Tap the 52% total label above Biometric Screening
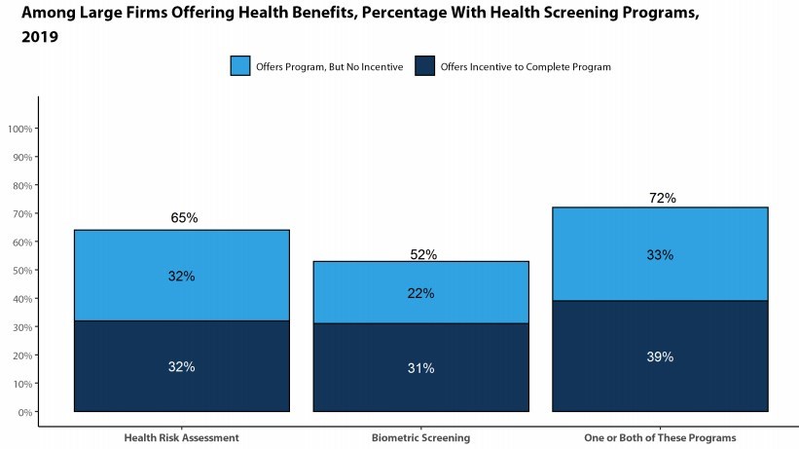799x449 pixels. (x=423, y=254)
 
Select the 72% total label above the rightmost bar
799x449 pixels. (x=663, y=199)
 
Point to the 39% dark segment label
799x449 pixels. (x=661, y=356)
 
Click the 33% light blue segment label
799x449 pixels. (x=661, y=255)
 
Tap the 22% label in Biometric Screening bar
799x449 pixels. (x=421, y=293)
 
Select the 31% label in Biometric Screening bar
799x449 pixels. (x=421, y=368)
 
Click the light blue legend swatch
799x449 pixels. (x=240, y=66)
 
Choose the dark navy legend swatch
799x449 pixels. (x=425, y=66)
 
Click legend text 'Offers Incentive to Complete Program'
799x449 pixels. (x=526, y=67)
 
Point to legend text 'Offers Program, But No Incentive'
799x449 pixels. (x=329, y=67)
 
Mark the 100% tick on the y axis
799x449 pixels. (x=21, y=129)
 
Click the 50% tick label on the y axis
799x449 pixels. (x=21, y=271)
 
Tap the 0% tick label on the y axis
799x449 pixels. (x=25, y=412)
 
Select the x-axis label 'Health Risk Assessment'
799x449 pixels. (x=182, y=437)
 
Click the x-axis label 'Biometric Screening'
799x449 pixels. (x=421, y=437)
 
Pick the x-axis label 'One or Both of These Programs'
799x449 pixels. (x=661, y=437)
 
